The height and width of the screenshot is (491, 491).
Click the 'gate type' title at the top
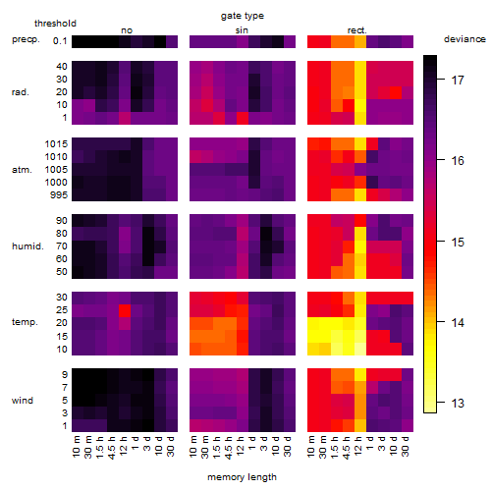click(243, 16)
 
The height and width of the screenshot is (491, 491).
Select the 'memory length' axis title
click(242, 477)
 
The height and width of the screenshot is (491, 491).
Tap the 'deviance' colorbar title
click(464, 39)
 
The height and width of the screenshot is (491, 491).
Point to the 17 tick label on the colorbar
click(458, 81)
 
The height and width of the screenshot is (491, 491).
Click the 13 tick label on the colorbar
click(458, 404)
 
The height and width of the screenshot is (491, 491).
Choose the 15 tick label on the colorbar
click(458, 243)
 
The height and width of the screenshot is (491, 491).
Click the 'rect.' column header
click(357, 30)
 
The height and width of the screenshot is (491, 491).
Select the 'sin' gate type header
click(242, 30)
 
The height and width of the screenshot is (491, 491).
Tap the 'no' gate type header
click(127, 30)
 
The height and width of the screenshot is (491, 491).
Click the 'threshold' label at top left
click(55, 24)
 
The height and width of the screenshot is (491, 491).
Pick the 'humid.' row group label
click(27, 246)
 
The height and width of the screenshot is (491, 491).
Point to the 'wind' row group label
click(23, 401)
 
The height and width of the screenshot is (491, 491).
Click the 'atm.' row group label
click(22, 170)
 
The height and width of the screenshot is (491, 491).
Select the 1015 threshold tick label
click(56, 144)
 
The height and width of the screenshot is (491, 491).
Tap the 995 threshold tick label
click(59, 195)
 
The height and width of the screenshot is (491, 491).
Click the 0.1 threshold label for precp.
click(60, 41)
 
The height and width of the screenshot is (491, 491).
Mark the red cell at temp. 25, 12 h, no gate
click(125, 310)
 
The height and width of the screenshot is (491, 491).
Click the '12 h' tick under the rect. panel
click(358, 446)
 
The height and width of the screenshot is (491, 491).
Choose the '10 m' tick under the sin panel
click(193, 447)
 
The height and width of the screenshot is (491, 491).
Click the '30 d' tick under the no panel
click(170, 447)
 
